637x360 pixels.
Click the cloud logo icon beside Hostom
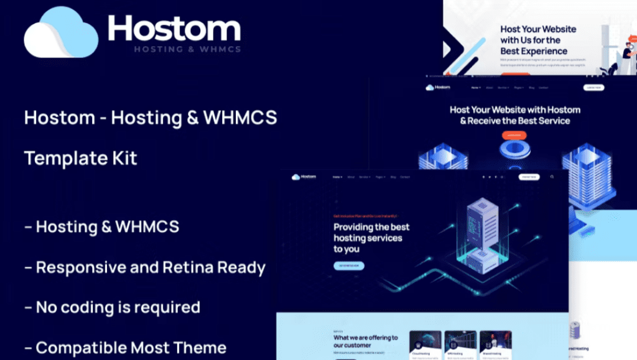60,34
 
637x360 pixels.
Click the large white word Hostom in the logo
174,28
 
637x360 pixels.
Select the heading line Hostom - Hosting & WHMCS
150,118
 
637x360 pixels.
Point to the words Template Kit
81,158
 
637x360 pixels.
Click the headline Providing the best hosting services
371,238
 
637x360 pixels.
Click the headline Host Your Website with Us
538,40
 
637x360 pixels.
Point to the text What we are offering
365,341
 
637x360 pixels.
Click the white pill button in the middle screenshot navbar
593,88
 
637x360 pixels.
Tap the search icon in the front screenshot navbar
552,177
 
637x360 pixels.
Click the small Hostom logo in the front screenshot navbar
304,177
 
